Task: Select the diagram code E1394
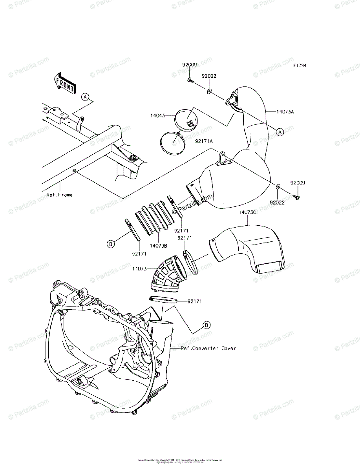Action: (x=299, y=66)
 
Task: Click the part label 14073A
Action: (x=285, y=112)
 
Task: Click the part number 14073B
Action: (x=158, y=246)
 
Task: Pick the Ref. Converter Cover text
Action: (x=208, y=348)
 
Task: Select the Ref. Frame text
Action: (x=59, y=195)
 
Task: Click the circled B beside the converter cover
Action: (x=206, y=325)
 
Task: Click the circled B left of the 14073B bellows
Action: (x=111, y=244)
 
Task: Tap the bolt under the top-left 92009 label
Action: (x=190, y=81)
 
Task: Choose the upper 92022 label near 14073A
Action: (x=209, y=76)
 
